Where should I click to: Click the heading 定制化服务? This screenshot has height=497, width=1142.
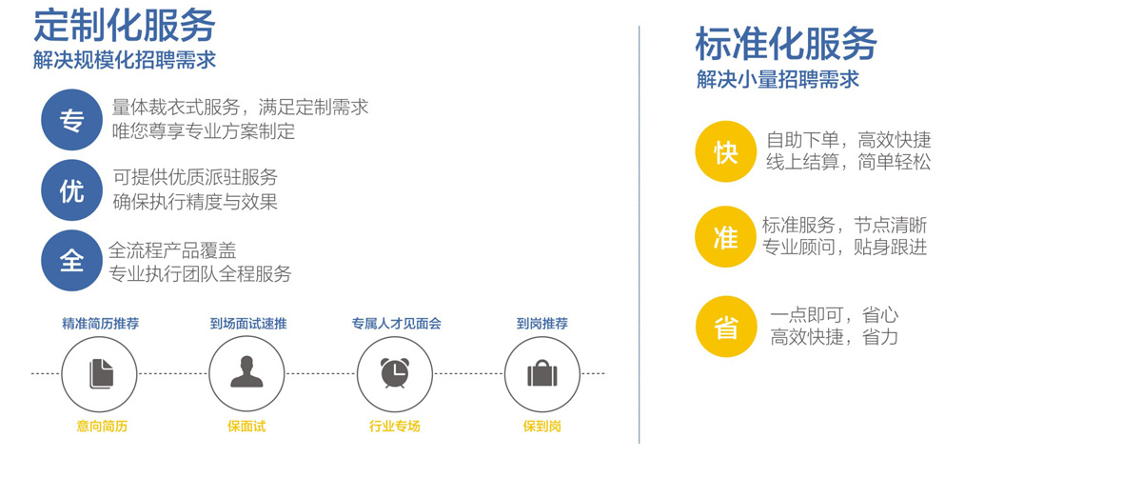tap(125, 26)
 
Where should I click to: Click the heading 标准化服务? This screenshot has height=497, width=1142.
tap(786, 44)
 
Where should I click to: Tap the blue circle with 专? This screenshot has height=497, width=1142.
tap(72, 120)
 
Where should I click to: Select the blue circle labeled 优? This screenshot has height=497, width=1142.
tap(72, 190)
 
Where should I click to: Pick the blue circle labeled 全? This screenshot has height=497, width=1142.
tap(72, 261)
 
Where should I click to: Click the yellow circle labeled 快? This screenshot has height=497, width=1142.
tap(726, 151)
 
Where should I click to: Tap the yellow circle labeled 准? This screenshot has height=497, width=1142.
tap(725, 237)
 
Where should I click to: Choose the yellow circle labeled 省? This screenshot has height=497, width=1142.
tap(726, 327)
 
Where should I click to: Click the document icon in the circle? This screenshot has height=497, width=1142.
tap(102, 374)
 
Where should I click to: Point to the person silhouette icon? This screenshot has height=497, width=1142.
tap(246, 372)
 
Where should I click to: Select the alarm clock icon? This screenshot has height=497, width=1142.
tap(395, 373)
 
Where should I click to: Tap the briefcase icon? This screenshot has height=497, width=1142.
tap(542, 373)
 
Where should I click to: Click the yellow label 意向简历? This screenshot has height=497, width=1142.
tap(102, 427)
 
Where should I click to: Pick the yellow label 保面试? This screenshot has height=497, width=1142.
tap(246, 427)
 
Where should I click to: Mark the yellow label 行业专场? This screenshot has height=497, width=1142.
tap(395, 427)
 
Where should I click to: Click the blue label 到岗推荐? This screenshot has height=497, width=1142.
tap(541, 324)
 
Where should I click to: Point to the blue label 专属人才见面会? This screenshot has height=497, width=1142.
tap(396, 324)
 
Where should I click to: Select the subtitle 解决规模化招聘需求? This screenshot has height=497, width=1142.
tap(125, 60)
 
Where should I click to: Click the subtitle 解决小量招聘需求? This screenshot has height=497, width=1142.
tap(778, 80)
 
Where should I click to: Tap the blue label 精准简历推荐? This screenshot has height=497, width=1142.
tap(101, 324)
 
